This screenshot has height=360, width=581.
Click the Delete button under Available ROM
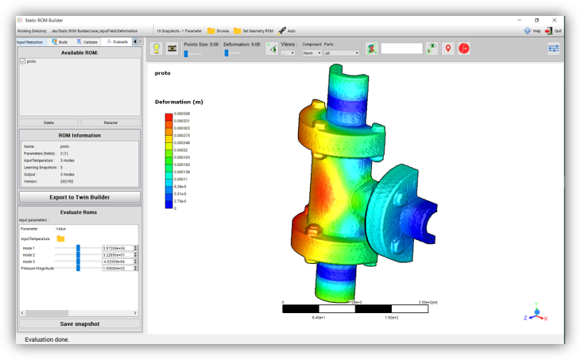48,122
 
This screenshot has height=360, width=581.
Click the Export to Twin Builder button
79,196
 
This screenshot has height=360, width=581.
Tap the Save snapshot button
79,323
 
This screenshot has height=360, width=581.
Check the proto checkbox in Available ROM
23,61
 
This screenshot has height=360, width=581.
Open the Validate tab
87,41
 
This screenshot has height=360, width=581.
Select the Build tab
60,41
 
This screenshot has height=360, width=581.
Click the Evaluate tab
117,41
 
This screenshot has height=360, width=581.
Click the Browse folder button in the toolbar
218,31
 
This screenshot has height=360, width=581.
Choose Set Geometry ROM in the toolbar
253,31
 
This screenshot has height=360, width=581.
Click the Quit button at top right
553,31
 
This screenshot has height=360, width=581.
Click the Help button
532,31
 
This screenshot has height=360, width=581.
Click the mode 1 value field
117,248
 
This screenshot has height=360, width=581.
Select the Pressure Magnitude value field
117,269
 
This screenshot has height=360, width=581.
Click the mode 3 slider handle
78,261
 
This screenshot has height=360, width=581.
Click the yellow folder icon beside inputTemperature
60,238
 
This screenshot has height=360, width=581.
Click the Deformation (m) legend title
179,102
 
